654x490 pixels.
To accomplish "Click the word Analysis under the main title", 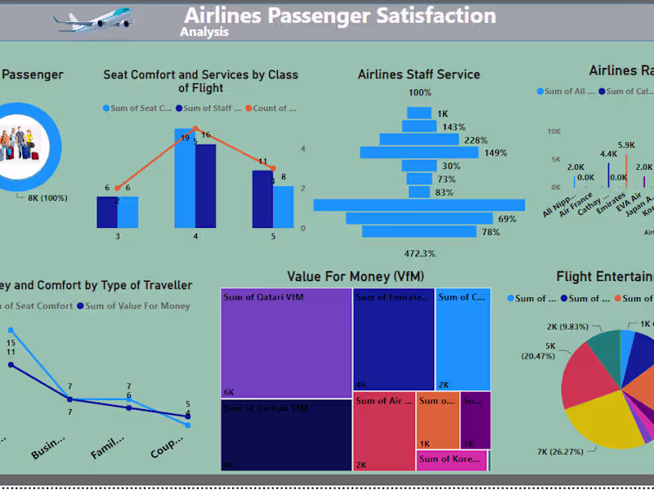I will click(x=204, y=33).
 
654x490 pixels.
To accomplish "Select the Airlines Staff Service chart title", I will click(x=419, y=74).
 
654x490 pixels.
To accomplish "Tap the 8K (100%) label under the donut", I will click(x=48, y=198).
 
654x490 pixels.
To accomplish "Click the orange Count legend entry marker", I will click(x=248, y=108).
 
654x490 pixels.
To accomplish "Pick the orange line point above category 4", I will click(x=195, y=128).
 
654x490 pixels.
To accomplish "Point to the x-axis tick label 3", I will click(x=117, y=236).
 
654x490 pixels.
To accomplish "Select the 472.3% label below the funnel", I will click(x=419, y=253).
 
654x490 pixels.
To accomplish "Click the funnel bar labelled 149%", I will click(x=421, y=153).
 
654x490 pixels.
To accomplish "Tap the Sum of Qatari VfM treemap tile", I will click(x=286, y=343).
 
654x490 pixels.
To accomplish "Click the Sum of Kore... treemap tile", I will click(x=452, y=460).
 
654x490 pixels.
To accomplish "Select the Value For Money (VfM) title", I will click(x=356, y=277).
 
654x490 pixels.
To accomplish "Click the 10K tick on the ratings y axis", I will click(x=553, y=131).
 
